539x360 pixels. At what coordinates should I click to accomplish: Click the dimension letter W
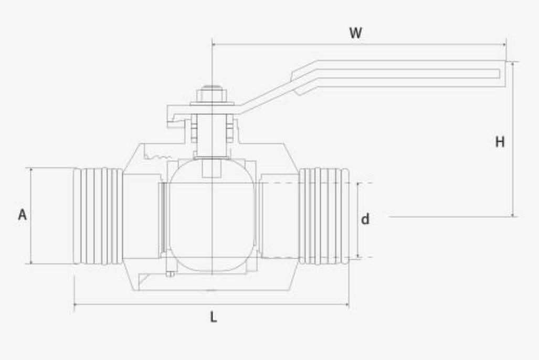355,33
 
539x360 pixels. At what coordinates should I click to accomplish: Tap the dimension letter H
500,142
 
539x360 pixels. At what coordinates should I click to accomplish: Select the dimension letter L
214,317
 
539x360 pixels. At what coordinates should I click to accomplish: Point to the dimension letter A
23,215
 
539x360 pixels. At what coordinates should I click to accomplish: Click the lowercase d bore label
365,219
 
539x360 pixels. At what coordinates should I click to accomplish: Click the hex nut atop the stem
212,95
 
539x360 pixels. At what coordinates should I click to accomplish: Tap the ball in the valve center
212,215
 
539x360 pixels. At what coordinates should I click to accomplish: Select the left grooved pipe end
98,216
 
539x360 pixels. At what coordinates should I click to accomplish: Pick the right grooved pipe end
324,216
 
